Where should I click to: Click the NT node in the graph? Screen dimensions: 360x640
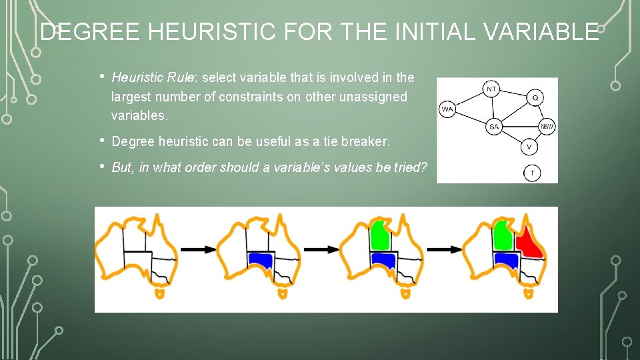tap(491, 89)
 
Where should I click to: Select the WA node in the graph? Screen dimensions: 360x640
tap(447, 109)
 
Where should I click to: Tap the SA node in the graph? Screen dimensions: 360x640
tap(494, 127)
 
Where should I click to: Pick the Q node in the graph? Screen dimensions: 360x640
tap(535, 97)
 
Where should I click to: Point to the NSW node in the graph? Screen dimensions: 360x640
tap(547, 127)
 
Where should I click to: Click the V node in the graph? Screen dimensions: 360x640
tap(529, 147)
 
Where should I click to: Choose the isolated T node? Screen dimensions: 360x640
tap(532, 173)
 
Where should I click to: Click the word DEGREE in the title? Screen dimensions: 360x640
tap(81, 32)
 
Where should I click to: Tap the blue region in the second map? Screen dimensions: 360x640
tap(260, 259)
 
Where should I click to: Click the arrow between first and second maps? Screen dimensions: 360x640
tap(198, 249)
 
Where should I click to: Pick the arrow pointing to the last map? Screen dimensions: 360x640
tap(444, 249)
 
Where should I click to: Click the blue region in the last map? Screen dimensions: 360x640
tap(506, 259)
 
